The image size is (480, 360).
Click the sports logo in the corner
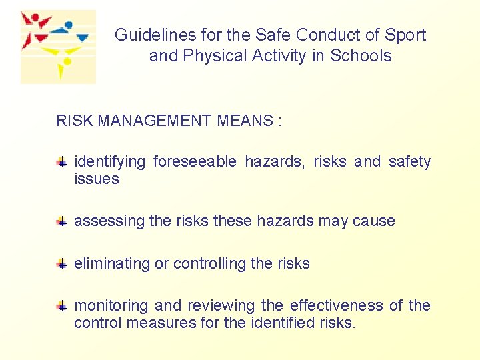point(58,47)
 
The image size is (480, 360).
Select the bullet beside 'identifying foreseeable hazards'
point(61,161)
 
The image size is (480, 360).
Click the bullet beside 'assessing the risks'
point(61,221)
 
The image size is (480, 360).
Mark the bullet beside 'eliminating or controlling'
point(61,263)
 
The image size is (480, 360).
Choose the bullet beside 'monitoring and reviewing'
point(61,306)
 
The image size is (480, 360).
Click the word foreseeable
point(195,162)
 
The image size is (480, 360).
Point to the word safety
point(409,162)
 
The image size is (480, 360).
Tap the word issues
point(97,179)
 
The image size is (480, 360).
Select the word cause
point(375,221)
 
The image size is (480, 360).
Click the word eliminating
point(112,264)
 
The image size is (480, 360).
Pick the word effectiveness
point(336,306)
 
